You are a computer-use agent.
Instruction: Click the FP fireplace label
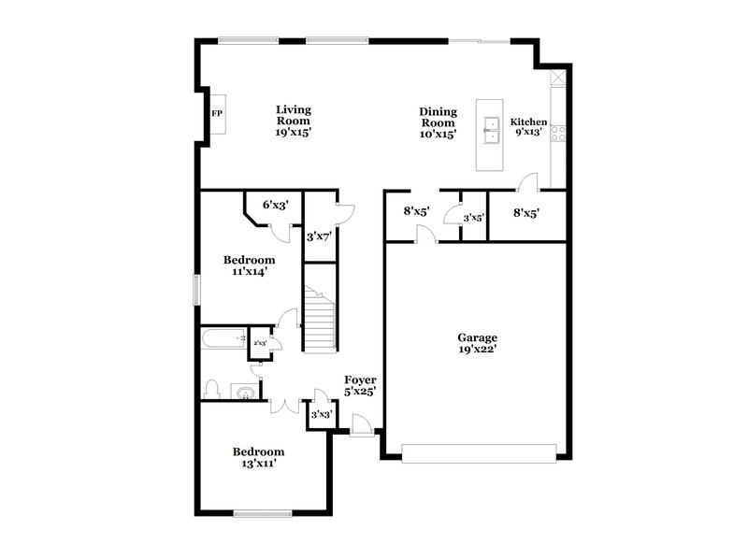pos(216,114)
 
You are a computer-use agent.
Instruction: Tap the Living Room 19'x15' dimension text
pos(293,133)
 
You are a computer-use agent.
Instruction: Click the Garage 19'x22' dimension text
pos(477,351)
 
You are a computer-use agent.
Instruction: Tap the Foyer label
pos(360,379)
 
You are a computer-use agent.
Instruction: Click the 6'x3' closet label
pos(275,204)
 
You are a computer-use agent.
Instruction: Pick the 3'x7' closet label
pos(320,236)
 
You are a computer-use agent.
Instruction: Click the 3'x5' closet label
pos(474,218)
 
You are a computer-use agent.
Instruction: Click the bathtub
pos(223,338)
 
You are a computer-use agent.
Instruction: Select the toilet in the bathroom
pos(213,388)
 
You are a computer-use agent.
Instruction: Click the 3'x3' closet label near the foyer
pos(322,413)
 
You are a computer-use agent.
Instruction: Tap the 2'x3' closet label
pos(259,344)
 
